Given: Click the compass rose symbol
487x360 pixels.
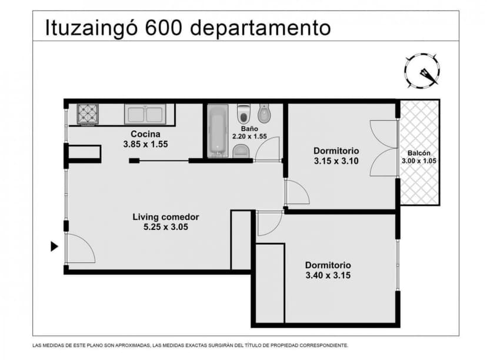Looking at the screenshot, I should pyautogui.click(x=422, y=71).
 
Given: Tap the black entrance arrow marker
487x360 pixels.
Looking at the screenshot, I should pyautogui.click(x=54, y=246).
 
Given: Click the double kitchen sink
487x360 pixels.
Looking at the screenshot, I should pyautogui.click(x=145, y=114).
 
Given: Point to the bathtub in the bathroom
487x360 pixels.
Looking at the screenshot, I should pyautogui.click(x=217, y=131).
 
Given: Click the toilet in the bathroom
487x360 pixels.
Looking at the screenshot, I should pyautogui.click(x=243, y=113).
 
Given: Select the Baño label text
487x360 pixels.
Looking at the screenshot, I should pyautogui.click(x=249, y=128).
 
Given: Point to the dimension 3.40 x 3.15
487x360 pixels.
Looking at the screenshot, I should pyautogui.click(x=328, y=275).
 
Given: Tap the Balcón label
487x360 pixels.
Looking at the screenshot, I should pyautogui.click(x=419, y=153).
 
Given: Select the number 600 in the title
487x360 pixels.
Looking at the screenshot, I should pyautogui.click(x=165, y=26).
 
